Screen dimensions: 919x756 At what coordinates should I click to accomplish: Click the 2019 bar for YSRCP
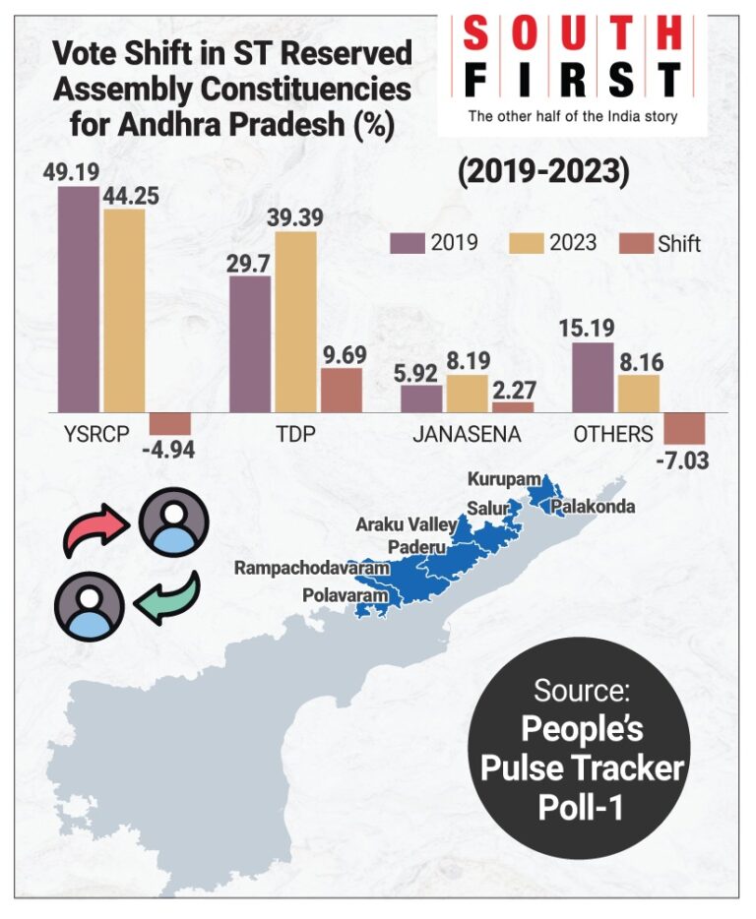(78, 299)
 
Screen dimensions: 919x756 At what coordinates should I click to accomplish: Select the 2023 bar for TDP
(295, 322)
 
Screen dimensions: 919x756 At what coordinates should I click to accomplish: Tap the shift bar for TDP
(341, 390)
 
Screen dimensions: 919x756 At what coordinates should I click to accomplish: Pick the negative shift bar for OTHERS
(684, 428)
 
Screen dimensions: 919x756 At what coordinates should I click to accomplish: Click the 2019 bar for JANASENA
(421, 398)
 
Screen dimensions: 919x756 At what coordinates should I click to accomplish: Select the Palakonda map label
(594, 508)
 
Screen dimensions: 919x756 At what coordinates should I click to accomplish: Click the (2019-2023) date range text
(542, 172)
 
